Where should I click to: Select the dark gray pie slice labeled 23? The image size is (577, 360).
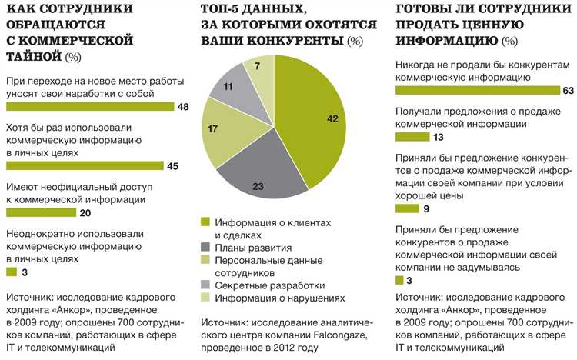258,178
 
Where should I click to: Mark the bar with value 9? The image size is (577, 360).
407,208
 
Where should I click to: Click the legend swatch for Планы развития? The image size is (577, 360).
205,248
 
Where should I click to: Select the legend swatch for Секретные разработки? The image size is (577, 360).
205,285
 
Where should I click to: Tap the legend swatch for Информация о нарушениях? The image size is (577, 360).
205,298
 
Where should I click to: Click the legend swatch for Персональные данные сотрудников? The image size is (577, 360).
205,261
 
